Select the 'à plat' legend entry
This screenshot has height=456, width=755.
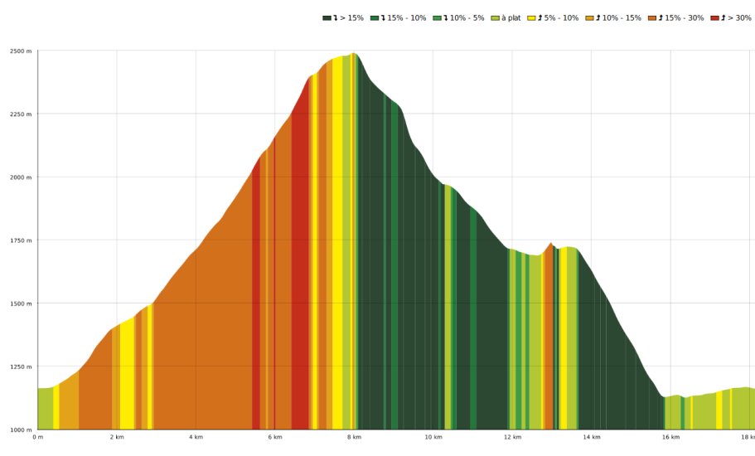(x=506, y=17)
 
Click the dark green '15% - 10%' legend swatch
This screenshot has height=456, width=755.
(x=375, y=17)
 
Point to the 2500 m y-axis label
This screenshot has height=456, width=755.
(x=22, y=51)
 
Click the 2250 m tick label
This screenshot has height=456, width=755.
(x=22, y=114)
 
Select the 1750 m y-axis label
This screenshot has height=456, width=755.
(x=22, y=240)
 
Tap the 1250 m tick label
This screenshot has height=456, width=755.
(x=22, y=366)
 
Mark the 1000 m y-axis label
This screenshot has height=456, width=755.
(x=22, y=429)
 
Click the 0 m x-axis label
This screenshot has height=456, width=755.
(x=37, y=437)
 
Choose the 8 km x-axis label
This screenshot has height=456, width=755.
(x=354, y=437)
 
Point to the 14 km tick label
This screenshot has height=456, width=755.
(x=591, y=437)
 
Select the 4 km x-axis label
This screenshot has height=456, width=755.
(x=196, y=437)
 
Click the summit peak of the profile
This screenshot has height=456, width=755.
(x=354, y=54)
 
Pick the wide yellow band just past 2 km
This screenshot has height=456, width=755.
(x=127, y=373)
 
